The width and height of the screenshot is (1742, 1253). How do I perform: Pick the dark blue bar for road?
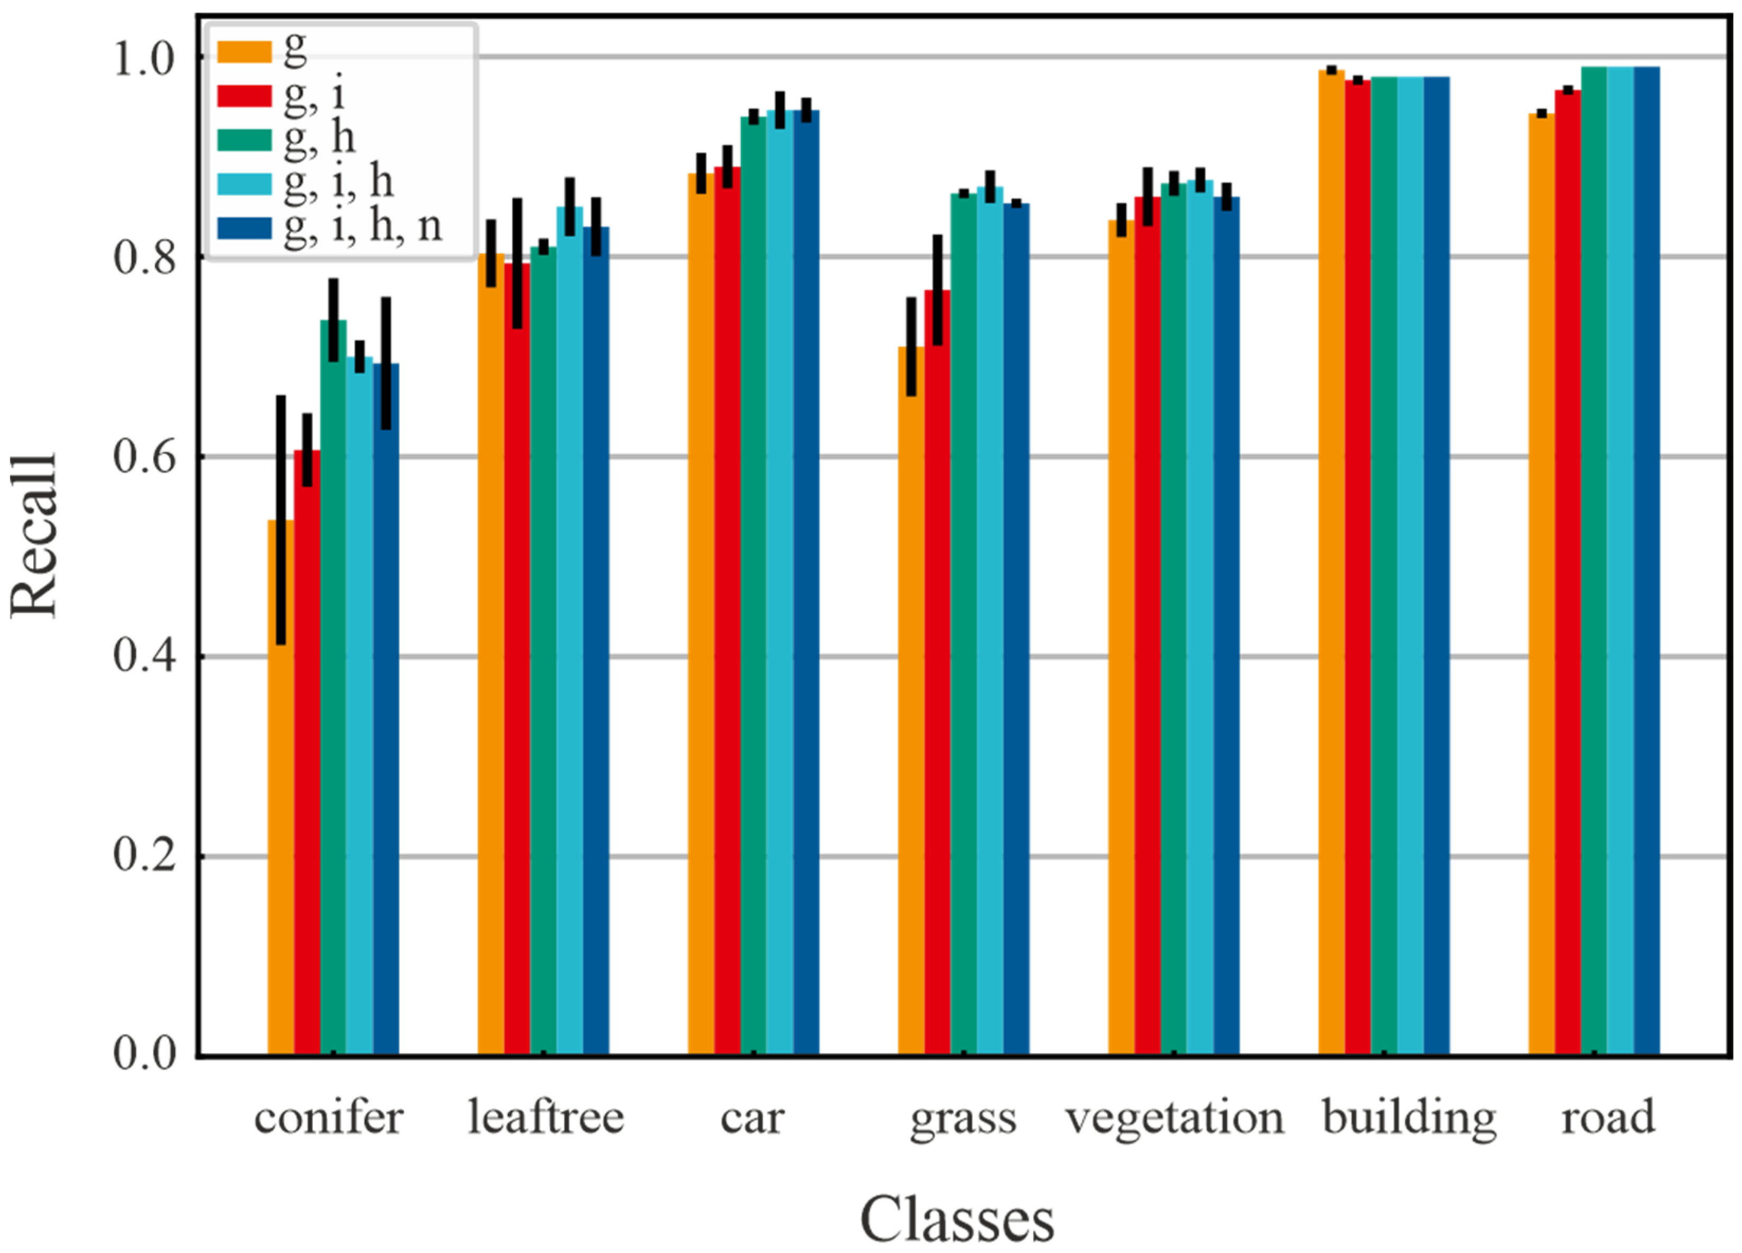[1647, 560]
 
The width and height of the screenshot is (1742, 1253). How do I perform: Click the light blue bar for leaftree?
[570, 630]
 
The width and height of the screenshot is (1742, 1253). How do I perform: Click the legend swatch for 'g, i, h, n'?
[244, 228]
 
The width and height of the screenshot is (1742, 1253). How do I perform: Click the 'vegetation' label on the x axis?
[1174, 1119]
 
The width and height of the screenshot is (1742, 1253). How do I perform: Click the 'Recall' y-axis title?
[34, 535]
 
